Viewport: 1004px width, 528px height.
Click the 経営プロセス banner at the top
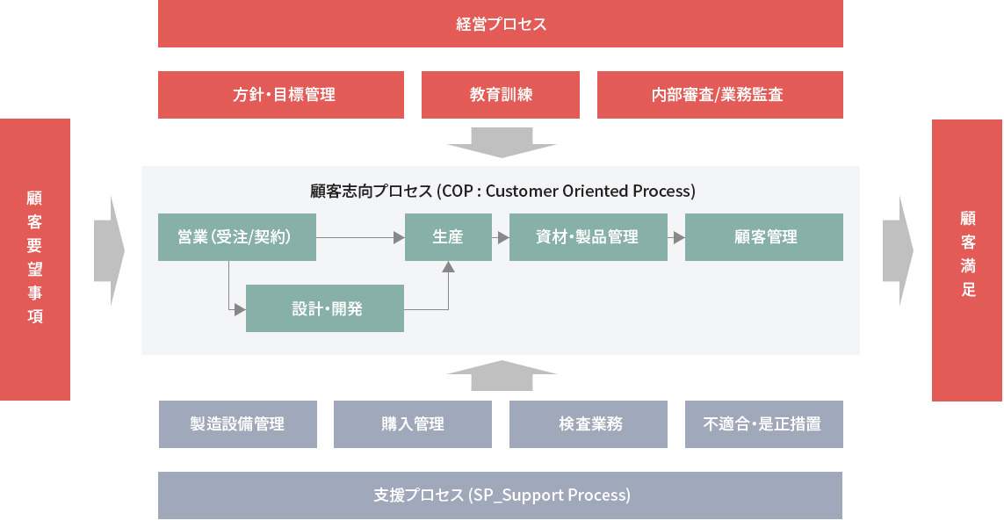(x=500, y=24)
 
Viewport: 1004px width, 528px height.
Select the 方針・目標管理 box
(x=281, y=95)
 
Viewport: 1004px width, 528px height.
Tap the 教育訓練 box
(x=501, y=95)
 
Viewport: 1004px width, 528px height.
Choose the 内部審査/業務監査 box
(x=719, y=95)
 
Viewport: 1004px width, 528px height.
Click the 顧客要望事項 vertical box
(x=35, y=259)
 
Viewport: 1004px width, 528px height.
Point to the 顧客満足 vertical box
(x=967, y=260)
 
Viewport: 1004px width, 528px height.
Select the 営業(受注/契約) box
(x=237, y=237)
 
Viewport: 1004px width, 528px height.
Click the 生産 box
(x=448, y=237)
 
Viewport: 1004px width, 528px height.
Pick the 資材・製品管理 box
(x=589, y=237)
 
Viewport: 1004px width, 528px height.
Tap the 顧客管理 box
(x=764, y=237)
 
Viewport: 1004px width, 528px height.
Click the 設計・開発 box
(x=325, y=308)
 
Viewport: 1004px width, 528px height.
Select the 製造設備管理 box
(x=237, y=424)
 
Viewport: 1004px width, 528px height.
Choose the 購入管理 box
(x=412, y=424)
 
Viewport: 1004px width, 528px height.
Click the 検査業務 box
(x=589, y=424)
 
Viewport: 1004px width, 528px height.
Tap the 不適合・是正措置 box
(x=764, y=424)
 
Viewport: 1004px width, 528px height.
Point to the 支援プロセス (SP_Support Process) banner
(x=500, y=495)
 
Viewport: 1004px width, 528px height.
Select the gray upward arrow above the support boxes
(x=502, y=375)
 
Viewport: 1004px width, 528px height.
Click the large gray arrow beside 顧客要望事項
(x=110, y=250)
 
